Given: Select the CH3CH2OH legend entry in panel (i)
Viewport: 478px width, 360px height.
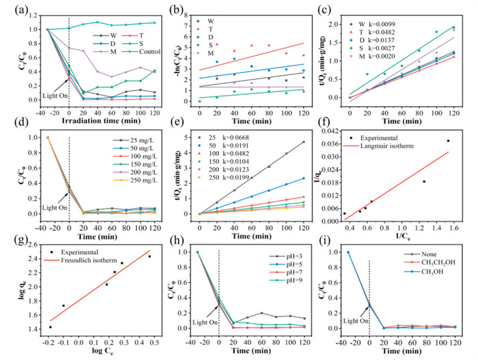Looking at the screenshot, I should tap(433, 264).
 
